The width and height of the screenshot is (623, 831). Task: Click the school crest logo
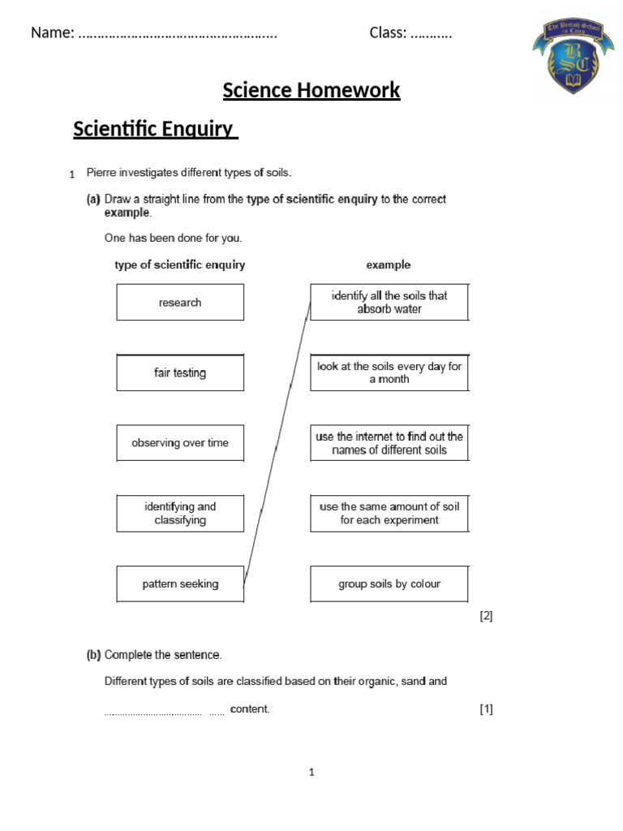pyautogui.click(x=573, y=57)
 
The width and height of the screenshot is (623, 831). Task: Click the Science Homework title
pyautogui.click(x=311, y=90)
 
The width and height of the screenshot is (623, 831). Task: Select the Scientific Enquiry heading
pyautogui.click(x=155, y=129)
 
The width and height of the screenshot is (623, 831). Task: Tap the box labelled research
pyautogui.click(x=180, y=302)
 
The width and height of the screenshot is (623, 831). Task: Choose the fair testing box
pyautogui.click(x=180, y=372)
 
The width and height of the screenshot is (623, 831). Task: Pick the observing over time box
pyautogui.click(x=180, y=443)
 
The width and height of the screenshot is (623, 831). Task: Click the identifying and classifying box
pyautogui.click(x=180, y=513)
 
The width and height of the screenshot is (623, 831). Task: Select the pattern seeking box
pyautogui.click(x=180, y=583)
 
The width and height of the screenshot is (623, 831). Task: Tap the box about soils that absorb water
pyautogui.click(x=389, y=302)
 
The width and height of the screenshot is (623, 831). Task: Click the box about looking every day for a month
pyautogui.click(x=389, y=372)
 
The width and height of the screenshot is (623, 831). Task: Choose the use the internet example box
pyautogui.click(x=389, y=443)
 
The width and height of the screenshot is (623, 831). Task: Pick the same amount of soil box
pyautogui.click(x=389, y=513)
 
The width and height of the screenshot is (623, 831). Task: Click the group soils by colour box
pyautogui.click(x=389, y=583)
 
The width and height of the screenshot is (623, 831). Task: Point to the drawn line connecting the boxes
pyautogui.click(x=277, y=442)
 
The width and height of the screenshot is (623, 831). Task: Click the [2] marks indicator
pyautogui.click(x=486, y=615)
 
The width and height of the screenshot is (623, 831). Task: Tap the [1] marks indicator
pyautogui.click(x=486, y=708)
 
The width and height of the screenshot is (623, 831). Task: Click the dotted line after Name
pyautogui.click(x=178, y=34)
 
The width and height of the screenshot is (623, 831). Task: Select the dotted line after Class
pyautogui.click(x=431, y=34)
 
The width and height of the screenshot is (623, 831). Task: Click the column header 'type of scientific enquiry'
pyautogui.click(x=180, y=265)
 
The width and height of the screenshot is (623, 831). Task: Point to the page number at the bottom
pyautogui.click(x=311, y=772)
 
